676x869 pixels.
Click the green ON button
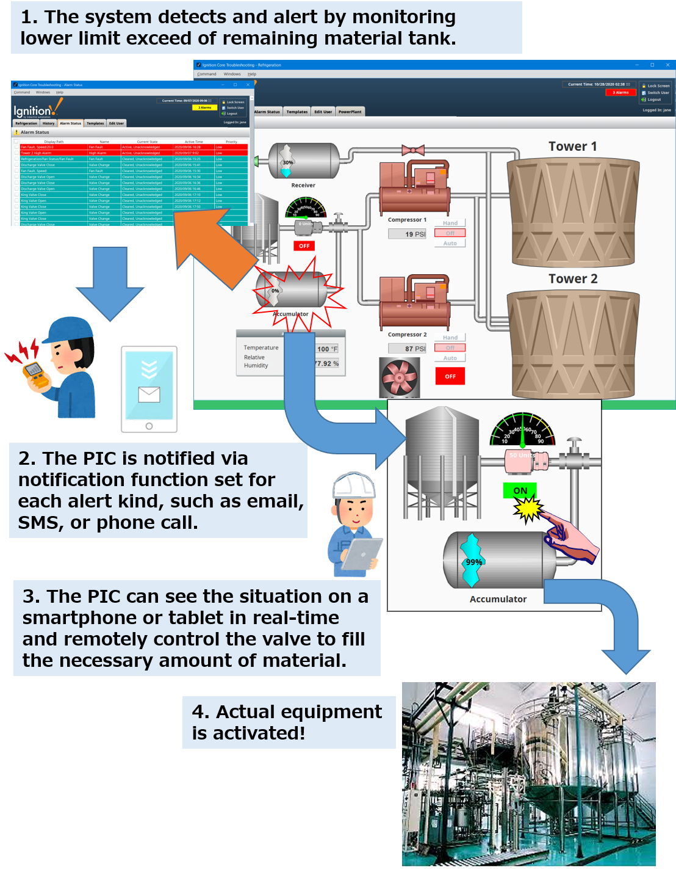(520, 490)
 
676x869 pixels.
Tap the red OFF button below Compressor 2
(450, 376)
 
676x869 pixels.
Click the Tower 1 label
(572, 147)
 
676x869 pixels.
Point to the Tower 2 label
(572, 279)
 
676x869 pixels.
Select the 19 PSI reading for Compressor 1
(408, 234)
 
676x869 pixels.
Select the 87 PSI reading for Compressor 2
(408, 349)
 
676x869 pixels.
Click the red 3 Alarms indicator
(620, 92)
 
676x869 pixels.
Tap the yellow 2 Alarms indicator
(204, 107)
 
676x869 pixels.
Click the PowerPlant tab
(350, 112)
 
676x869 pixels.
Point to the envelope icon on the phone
(149, 395)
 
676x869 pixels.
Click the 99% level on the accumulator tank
(473, 562)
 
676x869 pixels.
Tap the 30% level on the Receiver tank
(287, 162)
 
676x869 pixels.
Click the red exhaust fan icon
(400, 377)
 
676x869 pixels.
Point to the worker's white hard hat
(353, 485)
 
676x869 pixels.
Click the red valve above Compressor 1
(413, 150)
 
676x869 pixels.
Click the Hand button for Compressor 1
(450, 223)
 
